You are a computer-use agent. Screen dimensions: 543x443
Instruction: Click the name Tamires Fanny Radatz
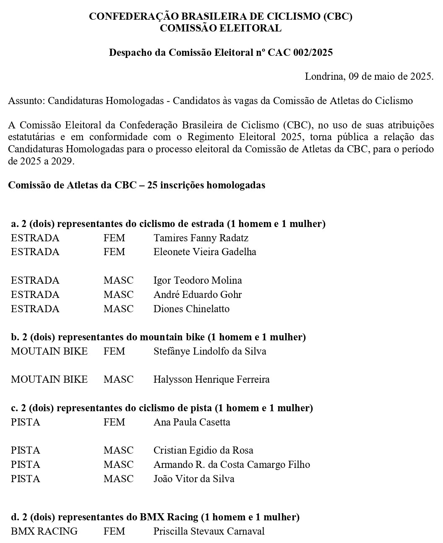point(201,238)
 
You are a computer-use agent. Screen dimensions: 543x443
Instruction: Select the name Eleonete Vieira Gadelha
point(205,252)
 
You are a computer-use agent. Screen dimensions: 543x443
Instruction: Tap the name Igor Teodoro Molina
point(198,280)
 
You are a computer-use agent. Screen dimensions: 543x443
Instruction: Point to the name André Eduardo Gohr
point(198,295)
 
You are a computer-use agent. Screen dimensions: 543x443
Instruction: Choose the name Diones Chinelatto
point(191,309)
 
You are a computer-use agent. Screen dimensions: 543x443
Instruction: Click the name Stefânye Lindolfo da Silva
point(210,351)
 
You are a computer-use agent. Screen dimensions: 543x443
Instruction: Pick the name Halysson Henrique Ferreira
point(211,380)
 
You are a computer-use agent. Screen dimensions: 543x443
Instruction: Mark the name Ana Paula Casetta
point(192,422)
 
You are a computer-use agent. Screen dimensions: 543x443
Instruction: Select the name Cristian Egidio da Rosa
point(203,450)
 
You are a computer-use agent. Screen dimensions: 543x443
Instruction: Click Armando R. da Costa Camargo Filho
point(232,465)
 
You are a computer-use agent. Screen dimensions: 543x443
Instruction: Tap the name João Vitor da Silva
point(194,479)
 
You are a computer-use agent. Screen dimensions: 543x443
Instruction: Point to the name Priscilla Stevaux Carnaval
point(209,531)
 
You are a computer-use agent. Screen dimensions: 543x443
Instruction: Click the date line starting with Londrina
point(369,76)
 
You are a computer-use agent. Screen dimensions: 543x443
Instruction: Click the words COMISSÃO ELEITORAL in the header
point(221,28)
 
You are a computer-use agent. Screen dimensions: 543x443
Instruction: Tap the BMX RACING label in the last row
point(44,531)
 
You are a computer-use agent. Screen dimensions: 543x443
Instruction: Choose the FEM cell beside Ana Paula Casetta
point(114,422)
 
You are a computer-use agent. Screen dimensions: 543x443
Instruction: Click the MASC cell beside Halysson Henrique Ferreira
point(118,380)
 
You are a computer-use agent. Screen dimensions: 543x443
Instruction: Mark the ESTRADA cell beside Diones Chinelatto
point(35,309)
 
